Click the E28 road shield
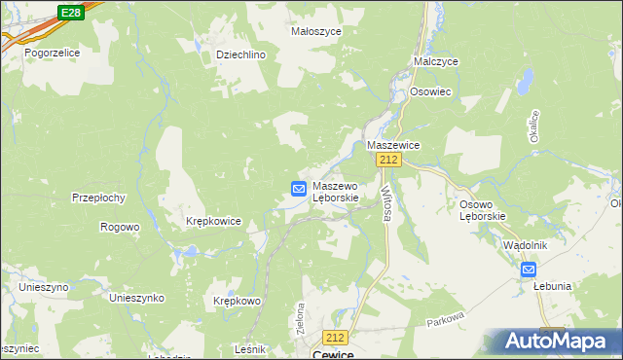pyautogui.click(x=69, y=12)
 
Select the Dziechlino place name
pyautogui.click(x=240, y=55)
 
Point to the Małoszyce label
pyautogui.click(x=314, y=31)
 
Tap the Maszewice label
pyautogui.click(x=392, y=145)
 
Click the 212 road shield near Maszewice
pyautogui.click(x=389, y=160)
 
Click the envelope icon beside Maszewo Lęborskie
pyautogui.click(x=300, y=189)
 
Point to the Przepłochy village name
pyautogui.click(x=98, y=198)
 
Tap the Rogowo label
pyautogui.click(x=120, y=227)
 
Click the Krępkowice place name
pyautogui.click(x=213, y=222)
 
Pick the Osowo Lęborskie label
pyautogui.click(x=482, y=209)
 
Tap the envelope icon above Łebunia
pyautogui.click(x=528, y=270)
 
